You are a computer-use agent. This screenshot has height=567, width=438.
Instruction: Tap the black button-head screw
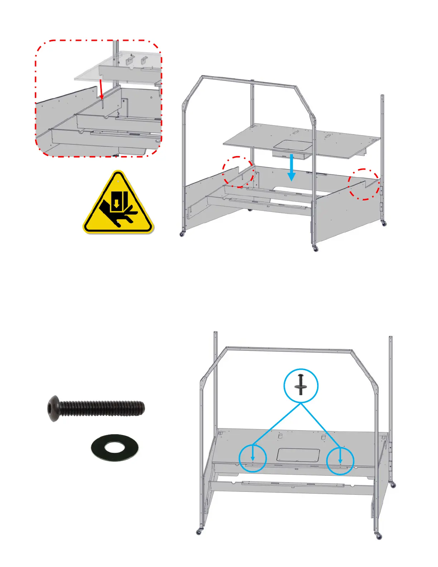96,408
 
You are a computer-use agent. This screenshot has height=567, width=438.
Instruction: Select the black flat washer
115,447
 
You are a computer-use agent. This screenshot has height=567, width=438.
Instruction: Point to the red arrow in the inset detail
101,89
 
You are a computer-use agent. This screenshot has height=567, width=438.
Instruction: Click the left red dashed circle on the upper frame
238,172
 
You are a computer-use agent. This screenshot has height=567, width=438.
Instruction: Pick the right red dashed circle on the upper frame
364,184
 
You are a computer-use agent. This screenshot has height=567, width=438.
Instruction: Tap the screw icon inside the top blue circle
300,384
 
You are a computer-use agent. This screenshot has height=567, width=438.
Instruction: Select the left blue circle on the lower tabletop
253,458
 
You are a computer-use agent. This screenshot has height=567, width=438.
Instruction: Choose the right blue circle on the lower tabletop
340,461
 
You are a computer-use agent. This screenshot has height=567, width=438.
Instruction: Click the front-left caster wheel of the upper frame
182,234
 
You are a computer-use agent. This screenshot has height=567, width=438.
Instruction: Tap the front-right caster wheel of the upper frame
316,249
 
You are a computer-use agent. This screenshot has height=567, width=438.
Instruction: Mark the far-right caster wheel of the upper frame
384,223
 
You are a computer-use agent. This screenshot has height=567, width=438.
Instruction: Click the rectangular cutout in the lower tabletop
298,455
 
